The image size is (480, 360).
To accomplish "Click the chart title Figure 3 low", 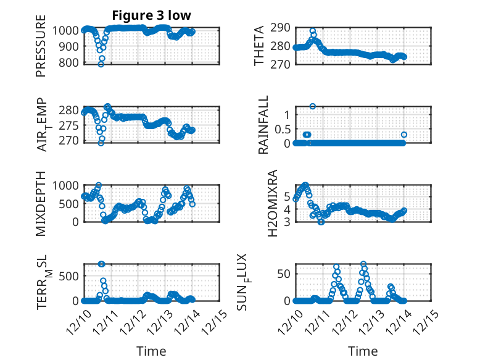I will click(x=151, y=15).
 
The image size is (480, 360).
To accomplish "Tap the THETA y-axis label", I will click(x=259, y=46).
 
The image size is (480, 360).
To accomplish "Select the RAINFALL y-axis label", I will click(x=263, y=124).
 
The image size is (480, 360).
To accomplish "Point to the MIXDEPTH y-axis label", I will click(x=41, y=203).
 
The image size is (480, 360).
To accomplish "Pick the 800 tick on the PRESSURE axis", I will click(x=69, y=62).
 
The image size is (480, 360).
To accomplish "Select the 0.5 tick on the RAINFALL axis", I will click(x=281, y=128).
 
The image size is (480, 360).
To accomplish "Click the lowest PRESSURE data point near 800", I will click(x=101, y=64).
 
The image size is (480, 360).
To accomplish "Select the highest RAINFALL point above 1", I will click(x=313, y=106).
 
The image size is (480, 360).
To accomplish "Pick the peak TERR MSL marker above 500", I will click(x=101, y=264).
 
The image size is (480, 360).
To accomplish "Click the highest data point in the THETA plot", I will click(x=313, y=31).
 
